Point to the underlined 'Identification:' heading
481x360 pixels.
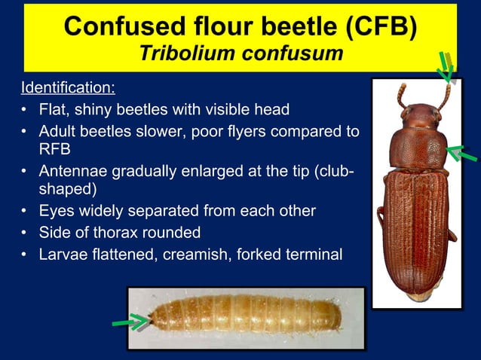tap(68, 88)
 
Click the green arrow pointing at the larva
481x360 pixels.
tap(130, 322)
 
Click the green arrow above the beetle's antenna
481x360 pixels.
tap(446, 67)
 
